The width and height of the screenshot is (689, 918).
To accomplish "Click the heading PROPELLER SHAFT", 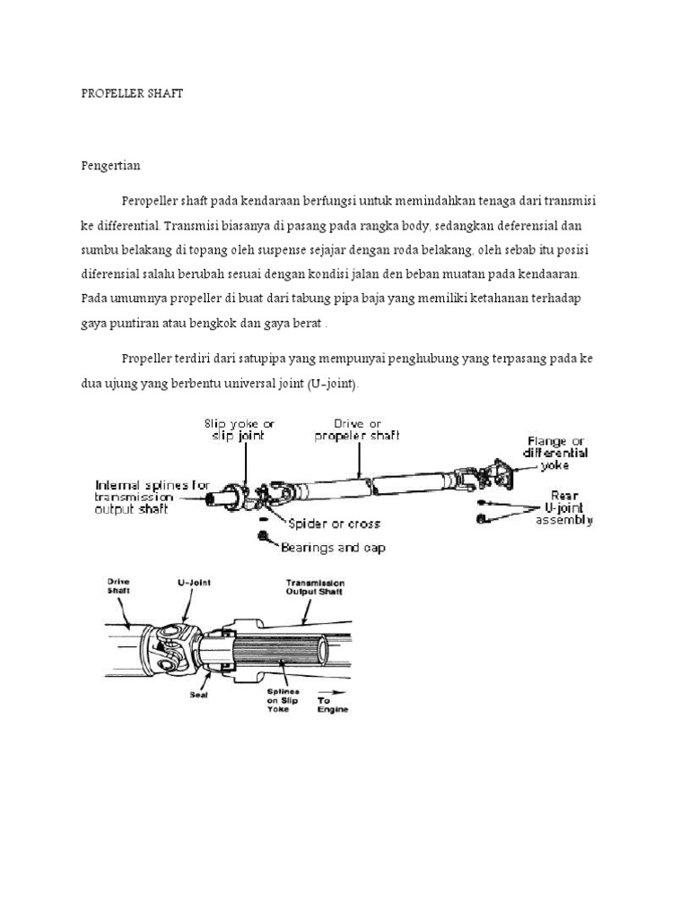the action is (132, 93).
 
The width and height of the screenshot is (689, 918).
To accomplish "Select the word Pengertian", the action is (110, 166).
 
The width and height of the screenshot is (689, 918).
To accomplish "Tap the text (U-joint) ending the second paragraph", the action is (332, 384).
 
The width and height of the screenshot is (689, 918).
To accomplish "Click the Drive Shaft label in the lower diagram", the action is (118, 585).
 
